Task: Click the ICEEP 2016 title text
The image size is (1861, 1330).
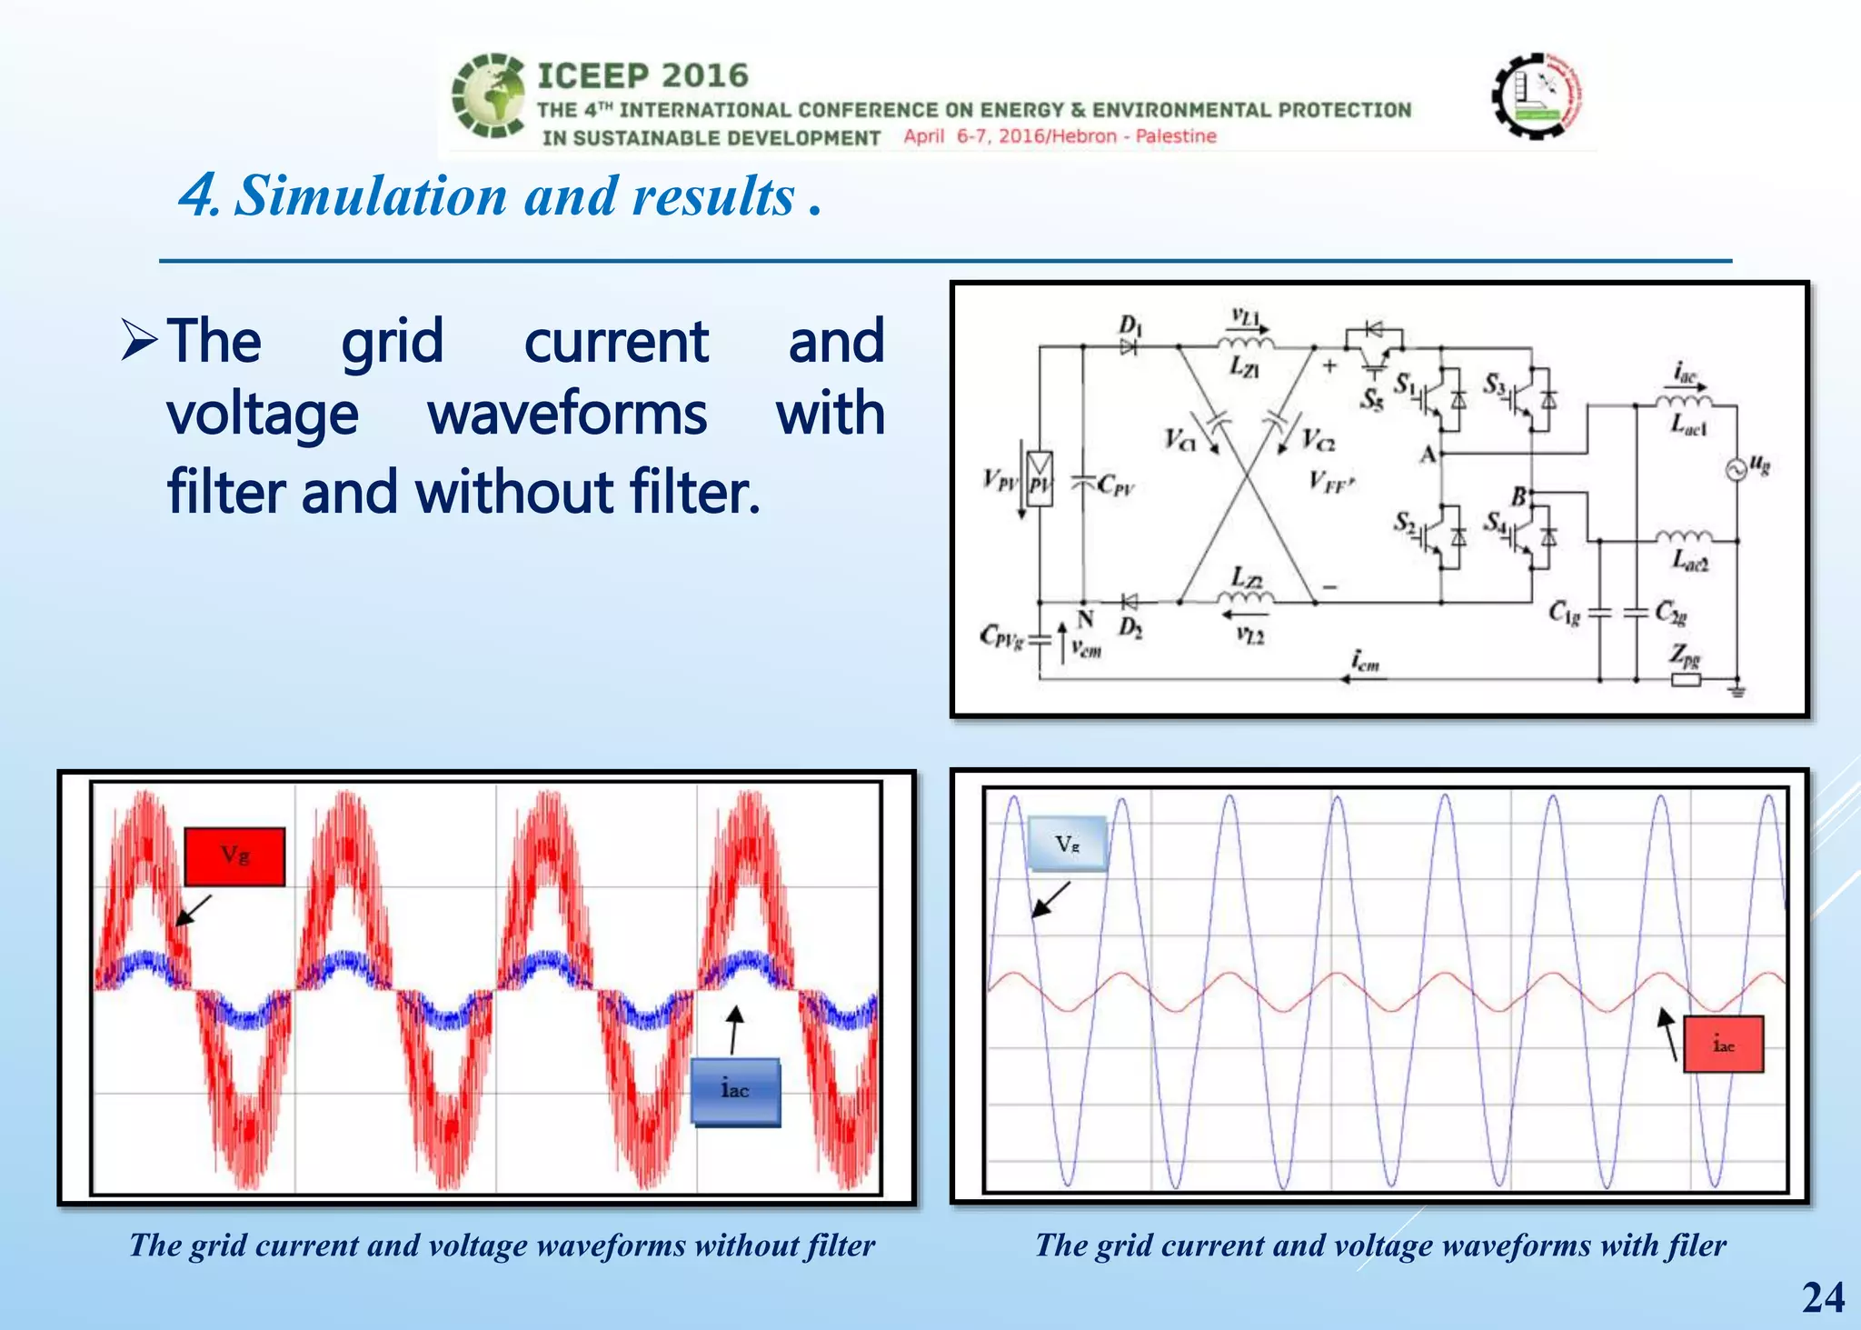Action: [642, 75]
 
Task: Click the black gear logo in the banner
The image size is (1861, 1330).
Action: [1537, 95]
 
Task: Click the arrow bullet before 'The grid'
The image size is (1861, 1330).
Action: [140, 342]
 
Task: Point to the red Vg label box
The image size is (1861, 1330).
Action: [234, 855]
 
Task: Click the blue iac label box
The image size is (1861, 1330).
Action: [735, 1091]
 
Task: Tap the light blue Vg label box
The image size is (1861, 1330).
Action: [1067, 844]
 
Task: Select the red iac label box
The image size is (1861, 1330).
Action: [1723, 1045]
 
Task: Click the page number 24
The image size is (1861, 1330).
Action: [1823, 1297]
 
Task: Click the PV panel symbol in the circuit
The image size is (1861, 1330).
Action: [1040, 478]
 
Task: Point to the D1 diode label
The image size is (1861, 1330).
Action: [1130, 325]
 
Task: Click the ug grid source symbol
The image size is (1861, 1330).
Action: [1737, 470]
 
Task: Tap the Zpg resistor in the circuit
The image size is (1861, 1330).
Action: [1686, 679]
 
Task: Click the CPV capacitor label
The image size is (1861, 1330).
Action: [1115, 485]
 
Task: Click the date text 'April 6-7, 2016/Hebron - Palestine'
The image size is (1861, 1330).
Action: [1060, 136]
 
